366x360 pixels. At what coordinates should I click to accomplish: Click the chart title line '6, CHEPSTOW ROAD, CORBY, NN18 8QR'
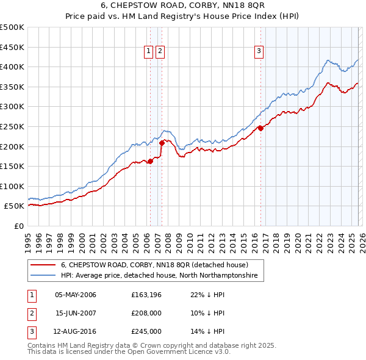tap(182, 6)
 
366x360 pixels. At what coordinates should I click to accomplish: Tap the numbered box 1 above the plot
tap(148, 52)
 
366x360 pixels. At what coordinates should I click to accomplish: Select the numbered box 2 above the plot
tap(160, 52)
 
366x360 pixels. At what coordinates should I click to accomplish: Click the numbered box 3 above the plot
tap(259, 52)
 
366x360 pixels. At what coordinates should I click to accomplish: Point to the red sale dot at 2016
tap(260, 128)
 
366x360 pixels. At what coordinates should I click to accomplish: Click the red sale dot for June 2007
tap(162, 143)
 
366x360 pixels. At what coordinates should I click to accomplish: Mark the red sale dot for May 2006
tap(150, 161)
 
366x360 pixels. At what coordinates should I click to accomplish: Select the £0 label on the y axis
tap(18, 226)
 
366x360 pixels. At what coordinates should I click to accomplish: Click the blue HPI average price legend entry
tap(159, 276)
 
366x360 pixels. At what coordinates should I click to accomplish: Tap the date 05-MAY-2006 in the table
tap(76, 295)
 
